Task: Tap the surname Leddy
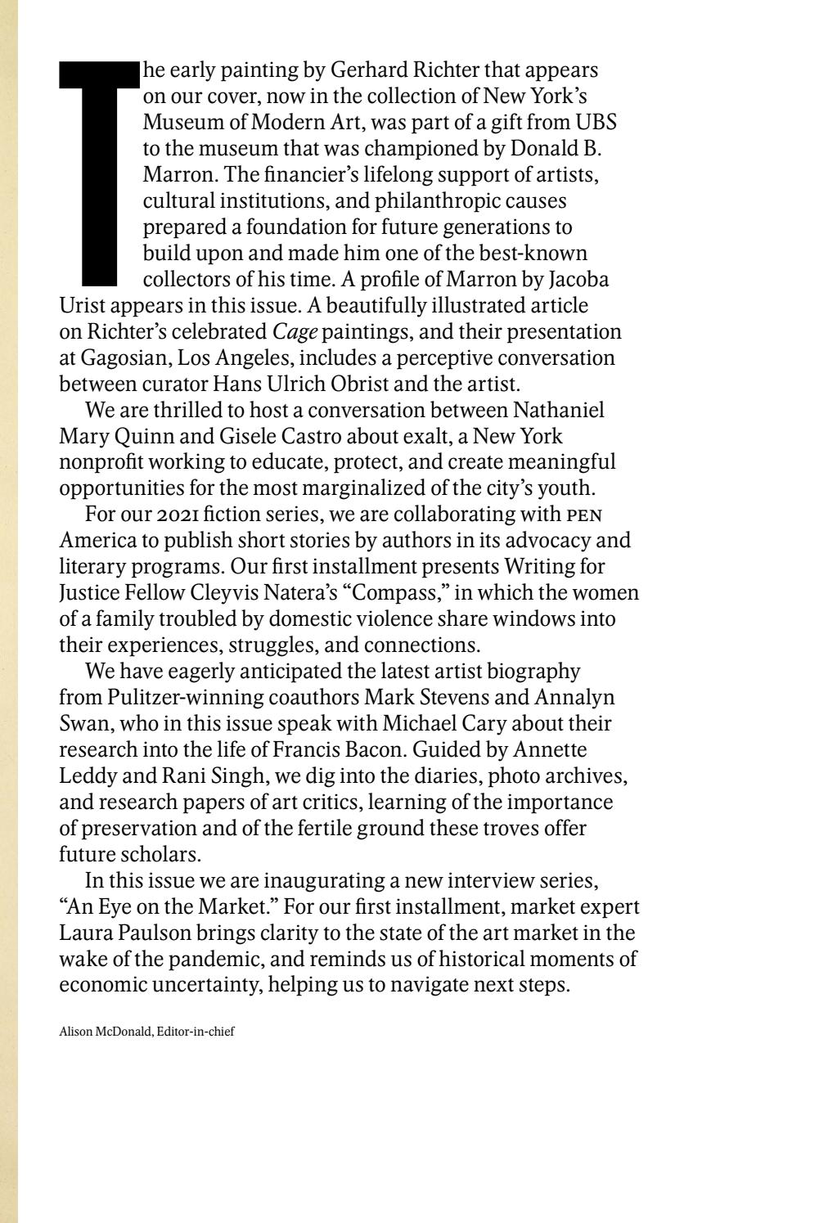click(x=86, y=776)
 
